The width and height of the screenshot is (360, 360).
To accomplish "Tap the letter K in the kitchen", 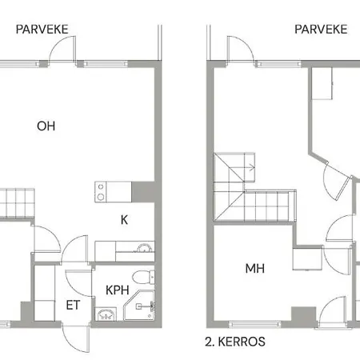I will coord(124,218).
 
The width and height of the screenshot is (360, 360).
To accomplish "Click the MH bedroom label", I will coord(254,269).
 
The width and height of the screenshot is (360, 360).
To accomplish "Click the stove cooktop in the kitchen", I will coord(102,190).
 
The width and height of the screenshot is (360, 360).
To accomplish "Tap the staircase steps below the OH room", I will coord(17,201).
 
